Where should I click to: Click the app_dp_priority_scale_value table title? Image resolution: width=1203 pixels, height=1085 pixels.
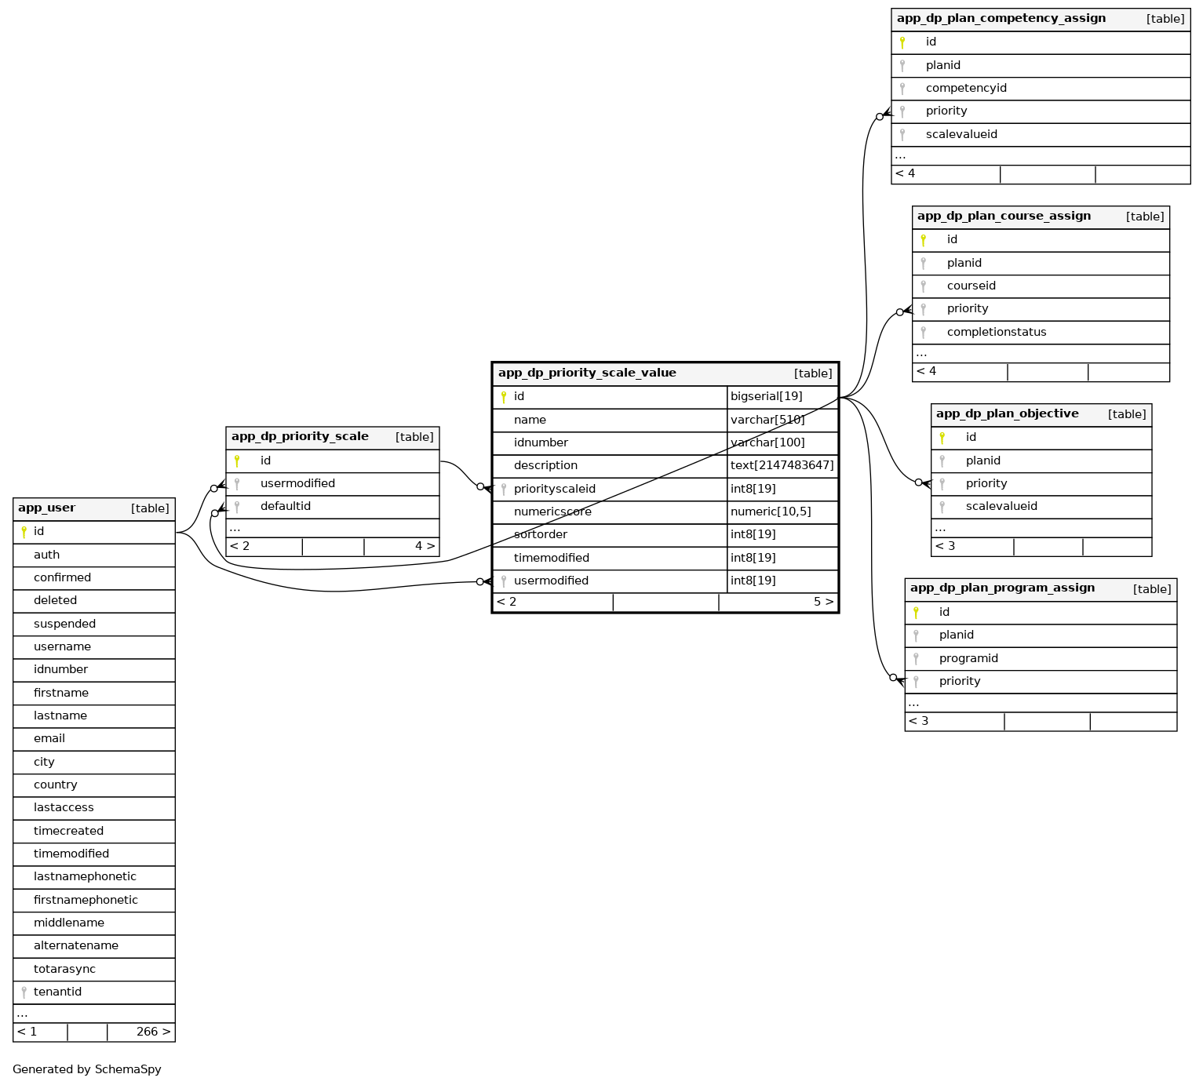[587, 373]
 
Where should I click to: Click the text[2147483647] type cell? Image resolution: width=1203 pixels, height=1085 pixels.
[782, 466]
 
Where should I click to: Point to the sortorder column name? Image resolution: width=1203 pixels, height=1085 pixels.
[540, 535]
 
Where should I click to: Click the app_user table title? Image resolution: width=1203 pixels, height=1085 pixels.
[47, 508]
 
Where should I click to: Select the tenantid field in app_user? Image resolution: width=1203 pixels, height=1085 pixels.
[57, 992]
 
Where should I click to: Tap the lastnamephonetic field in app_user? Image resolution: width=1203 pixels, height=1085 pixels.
[85, 877]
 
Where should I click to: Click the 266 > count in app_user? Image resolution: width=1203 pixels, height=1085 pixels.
[153, 1032]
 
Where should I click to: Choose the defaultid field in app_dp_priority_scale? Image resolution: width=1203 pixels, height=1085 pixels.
[286, 507]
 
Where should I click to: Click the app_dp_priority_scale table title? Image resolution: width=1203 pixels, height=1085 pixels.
[300, 437]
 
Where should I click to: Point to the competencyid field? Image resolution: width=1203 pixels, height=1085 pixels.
[966, 89]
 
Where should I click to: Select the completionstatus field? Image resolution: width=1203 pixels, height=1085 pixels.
[997, 333]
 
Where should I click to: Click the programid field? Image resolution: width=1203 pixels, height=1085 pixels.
[968, 659]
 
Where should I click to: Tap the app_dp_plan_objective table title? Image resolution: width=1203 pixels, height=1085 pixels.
[1007, 414]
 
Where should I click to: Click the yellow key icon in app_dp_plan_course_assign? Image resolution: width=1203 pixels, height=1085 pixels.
[924, 240]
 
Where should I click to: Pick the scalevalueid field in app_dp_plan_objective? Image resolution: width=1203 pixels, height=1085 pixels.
[1001, 507]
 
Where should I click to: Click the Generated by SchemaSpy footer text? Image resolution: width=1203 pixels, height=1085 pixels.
[87, 1069]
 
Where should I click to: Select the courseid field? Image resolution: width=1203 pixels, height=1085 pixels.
[972, 286]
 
